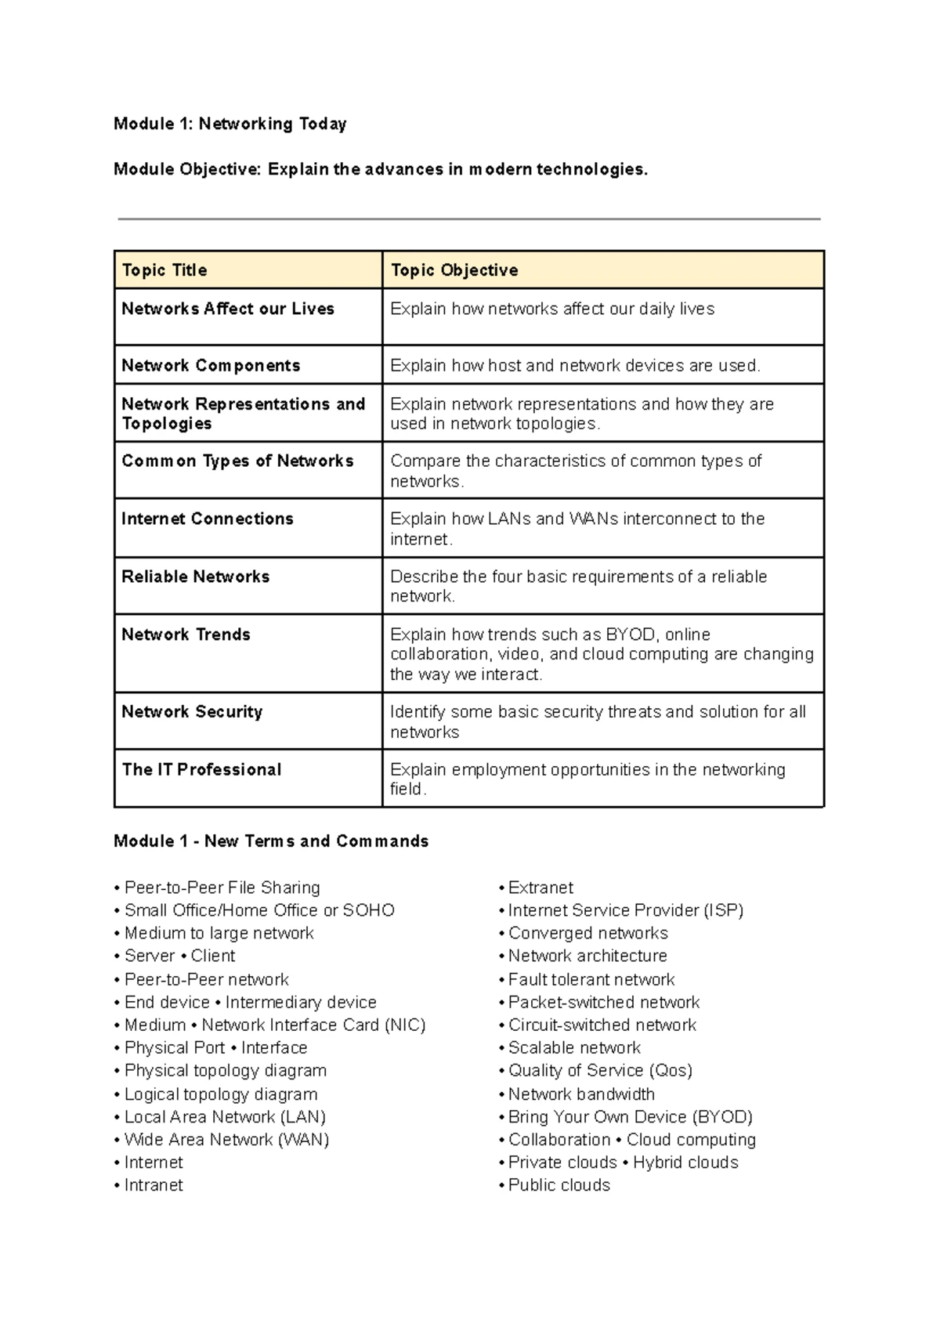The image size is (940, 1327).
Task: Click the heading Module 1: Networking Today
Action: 230,124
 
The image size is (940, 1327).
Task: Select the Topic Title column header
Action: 164,270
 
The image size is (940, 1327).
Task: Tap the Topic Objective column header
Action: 454,270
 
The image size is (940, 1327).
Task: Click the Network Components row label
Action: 211,366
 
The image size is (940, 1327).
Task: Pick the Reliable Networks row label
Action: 196,577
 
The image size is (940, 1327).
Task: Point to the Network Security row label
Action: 192,712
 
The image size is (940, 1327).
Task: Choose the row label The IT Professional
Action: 201,770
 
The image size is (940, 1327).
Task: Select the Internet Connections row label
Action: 208,519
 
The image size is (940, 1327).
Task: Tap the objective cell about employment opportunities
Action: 587,779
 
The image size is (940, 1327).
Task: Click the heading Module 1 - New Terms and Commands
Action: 271,841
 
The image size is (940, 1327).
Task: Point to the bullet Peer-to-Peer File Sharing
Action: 222,888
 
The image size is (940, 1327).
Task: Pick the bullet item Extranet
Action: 540,888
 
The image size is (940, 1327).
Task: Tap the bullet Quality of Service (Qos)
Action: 600,1071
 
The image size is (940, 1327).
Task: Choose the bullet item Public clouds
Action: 559,1185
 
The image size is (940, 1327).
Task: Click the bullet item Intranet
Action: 154,1185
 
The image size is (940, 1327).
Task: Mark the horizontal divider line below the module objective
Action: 468,219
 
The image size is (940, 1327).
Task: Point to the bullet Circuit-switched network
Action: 602,1025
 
